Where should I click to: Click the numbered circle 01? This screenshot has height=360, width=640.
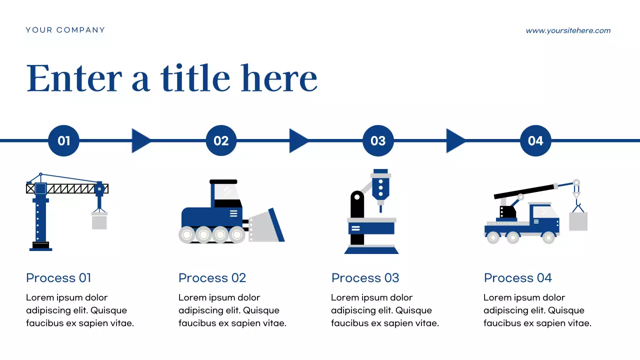click(x=63, y=140)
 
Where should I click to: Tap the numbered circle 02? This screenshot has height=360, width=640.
click(x=221, y=140)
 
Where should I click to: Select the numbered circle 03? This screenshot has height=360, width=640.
click(x=378, y=140)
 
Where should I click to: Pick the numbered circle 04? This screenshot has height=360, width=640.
click(x=535, y=140)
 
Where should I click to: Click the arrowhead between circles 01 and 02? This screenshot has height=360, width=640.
click(x=140, y=140)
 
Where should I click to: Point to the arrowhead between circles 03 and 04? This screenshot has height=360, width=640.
click(x=455, y=140)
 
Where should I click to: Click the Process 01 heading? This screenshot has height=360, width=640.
click(x=58, y=278)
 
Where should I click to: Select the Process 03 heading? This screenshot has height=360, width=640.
click(x=365, y=278)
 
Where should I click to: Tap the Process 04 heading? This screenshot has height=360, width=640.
click(x=517, y=278)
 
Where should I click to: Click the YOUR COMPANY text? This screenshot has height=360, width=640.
click(x=65, y=30)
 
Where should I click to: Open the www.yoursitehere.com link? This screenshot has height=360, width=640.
click(x=568, y=30)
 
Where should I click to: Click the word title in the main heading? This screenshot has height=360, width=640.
click(x=195, y=79)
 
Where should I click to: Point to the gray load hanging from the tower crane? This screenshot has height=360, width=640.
click(x=99, y=221)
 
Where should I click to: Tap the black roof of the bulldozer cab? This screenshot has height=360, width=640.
click(x=223, y=181)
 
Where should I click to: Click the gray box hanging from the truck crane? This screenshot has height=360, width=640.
click(x=578, y=221)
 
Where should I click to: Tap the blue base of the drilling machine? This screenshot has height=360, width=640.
click(x=371, y=250)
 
